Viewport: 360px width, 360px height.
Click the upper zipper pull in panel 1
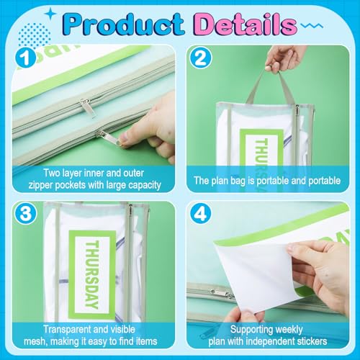click(x=86, y=107)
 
